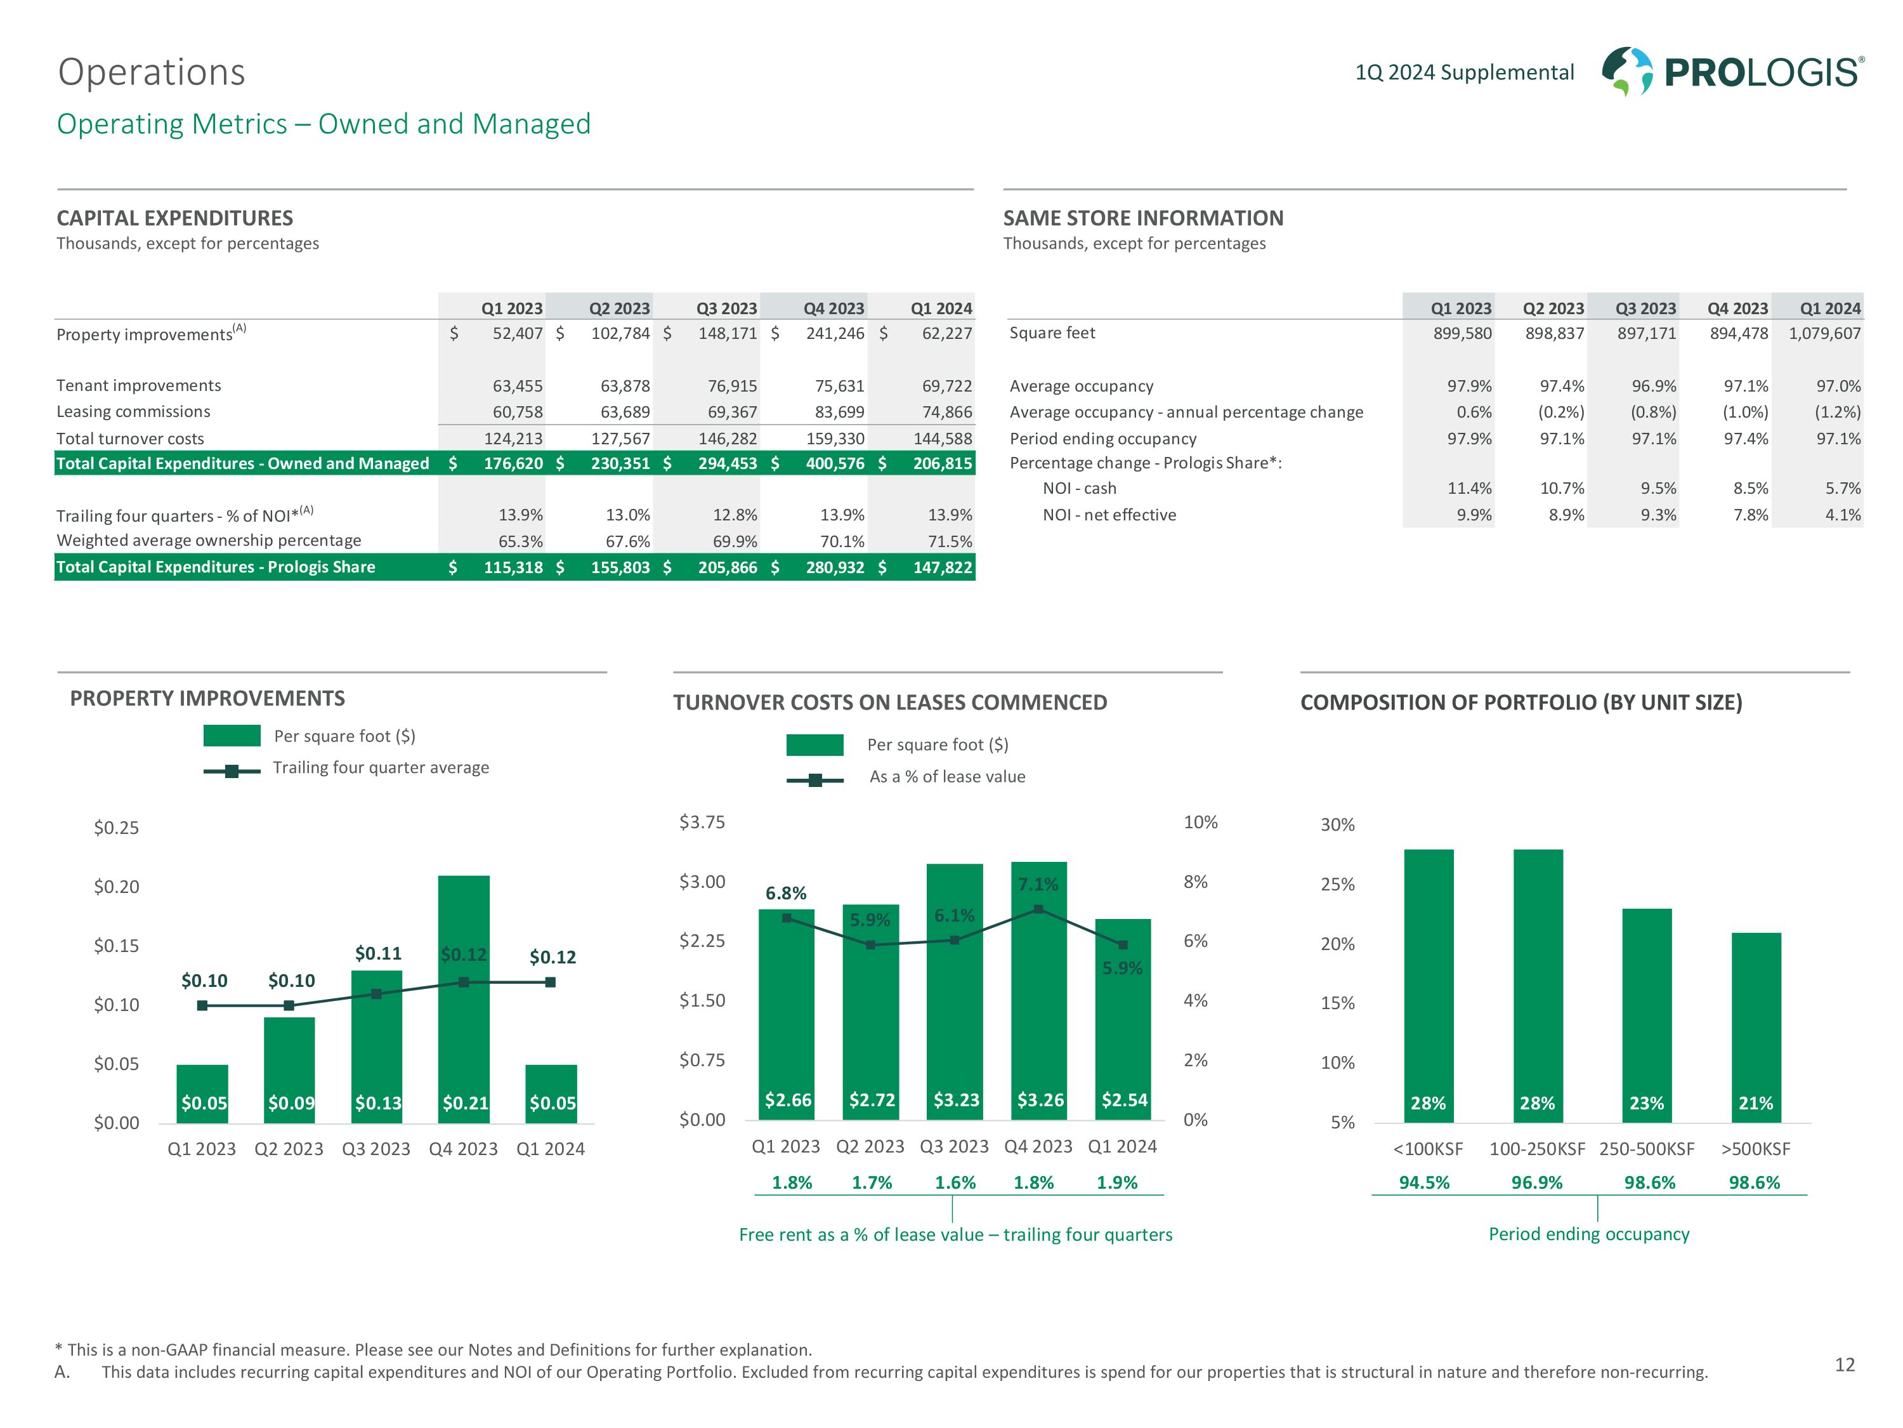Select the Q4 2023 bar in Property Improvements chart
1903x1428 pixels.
pyautogui.click(x=464, y=998)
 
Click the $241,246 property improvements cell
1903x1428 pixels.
pyautogui.click(x=835, y=333)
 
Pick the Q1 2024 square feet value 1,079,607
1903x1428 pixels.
pyautogui.click(x=1825, y=333)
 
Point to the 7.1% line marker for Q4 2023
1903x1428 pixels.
pyautogui.click(x=1038, y=909)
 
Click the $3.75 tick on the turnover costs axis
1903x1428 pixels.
pyautogui.click(x=702, y=822)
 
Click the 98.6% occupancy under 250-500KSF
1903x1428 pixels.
pyautogui.click(x=1649, y=1182)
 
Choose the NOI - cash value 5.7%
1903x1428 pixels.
pyautogui.click(x=1843, y=488)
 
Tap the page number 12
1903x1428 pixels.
pyautogui.click(x=1845, y=1365)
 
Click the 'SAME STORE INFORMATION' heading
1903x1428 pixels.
pyautogui.click(x=1142, y=218)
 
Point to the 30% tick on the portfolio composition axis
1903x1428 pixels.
pyautogui.click(x=1337, y=824)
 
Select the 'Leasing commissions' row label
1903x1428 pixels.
pyautogui.click(x=133, y=411)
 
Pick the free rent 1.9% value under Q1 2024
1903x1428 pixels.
pyautogui.click(x=1116, y=1182)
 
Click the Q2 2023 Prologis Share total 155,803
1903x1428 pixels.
pyautogui.click(x=619, y=567)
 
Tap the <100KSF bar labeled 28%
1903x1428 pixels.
pyautogui.click(x=1428, y=986)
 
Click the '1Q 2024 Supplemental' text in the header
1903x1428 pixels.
pyautogui.click(x=1464, y=72)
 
